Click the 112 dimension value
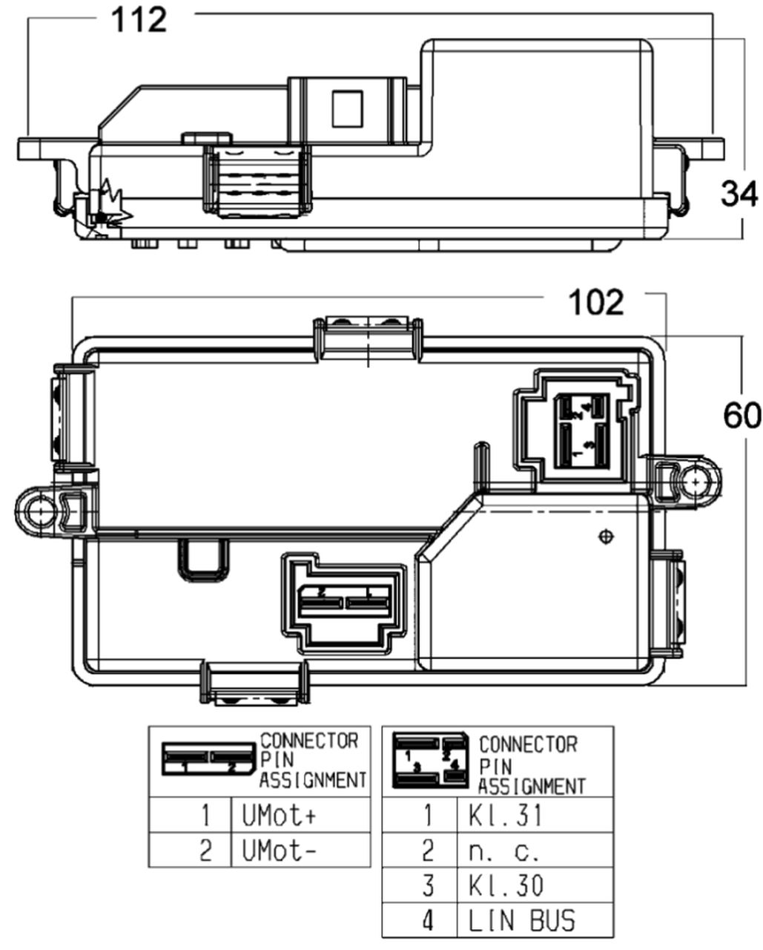(139, 19)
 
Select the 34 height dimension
(739, 194)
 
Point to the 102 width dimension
(595, 303)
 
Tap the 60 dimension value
(741, 416)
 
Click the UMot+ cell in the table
(279, 816)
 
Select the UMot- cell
(279, 850)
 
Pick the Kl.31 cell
(505, 816)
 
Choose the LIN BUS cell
(521, 920)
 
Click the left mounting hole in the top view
(36, 509)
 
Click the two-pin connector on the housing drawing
(345, 601)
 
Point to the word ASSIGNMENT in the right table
(532, 786)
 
